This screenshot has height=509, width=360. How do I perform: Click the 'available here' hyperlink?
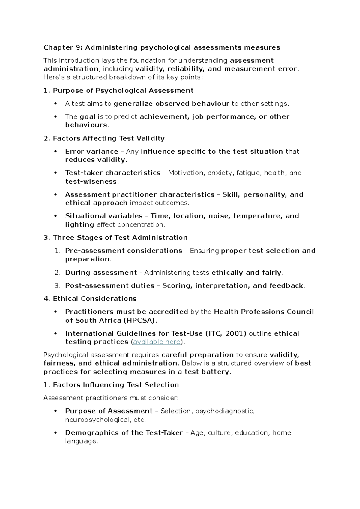(157, 342)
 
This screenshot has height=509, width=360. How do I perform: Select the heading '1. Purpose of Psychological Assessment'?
(118, 91)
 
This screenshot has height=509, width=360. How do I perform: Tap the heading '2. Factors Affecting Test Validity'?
(104, 138)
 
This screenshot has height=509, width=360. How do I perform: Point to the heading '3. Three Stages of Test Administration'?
(115, 238)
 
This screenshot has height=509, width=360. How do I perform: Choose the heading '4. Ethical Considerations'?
(90, 299)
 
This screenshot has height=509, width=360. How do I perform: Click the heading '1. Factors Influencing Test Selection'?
(111, 385)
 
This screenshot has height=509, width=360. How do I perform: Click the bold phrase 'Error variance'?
(91, 152)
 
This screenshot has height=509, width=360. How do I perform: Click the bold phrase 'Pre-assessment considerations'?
(124, 251)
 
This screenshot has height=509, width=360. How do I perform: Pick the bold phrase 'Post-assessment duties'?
(109, 286)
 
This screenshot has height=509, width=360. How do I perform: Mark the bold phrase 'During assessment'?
(101, 273)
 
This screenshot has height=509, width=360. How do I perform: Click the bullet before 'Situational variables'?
(55, 216)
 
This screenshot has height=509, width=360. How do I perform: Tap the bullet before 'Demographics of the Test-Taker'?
(55, 433)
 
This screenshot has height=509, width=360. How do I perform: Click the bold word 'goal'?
(88, 117)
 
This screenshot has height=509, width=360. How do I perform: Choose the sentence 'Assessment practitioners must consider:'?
(111, 398)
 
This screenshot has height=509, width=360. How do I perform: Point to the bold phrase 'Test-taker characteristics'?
(113, 173)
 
